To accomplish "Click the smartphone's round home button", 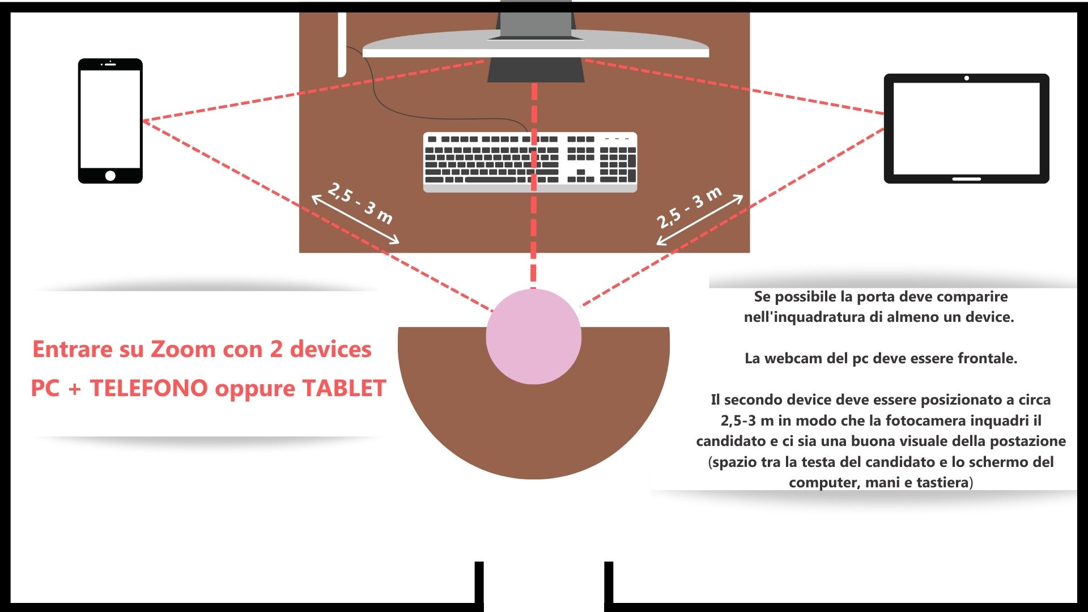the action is click(x=110, y=176).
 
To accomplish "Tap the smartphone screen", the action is click(x=110, y=119).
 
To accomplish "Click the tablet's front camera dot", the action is click(x=966, y=78).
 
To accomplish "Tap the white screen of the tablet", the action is click(x=966, y=129).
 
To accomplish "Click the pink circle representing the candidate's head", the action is click(x=533, y=337).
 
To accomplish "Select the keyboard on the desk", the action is click(x=530, y=162).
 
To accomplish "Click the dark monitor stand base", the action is click(x=535, y=70).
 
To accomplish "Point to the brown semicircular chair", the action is click(x=533, y=431).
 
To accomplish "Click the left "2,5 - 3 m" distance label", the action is click(x=360, y=203).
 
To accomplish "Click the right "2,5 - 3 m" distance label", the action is click(x=689, y=207).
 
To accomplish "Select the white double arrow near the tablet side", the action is click(x=699, y=220).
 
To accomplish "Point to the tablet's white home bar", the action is click(x=966, y=179).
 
